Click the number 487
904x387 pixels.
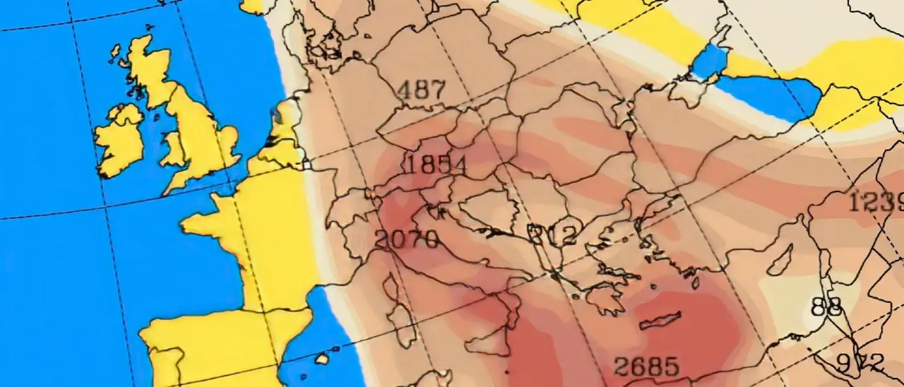point(422,90)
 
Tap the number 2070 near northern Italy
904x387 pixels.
point(407,240)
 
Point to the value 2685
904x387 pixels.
point(646,367)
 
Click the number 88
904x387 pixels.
point(827,306)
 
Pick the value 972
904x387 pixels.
point(860,363)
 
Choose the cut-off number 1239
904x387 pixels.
point(876,202)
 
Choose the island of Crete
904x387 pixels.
point(660,321)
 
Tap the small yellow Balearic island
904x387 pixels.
point(321,359)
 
